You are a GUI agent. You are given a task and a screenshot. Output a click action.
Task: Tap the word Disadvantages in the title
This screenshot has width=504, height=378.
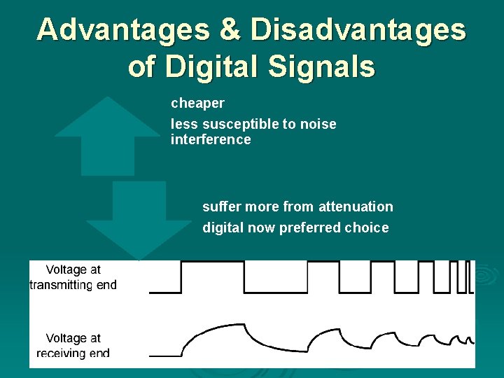[357, 29]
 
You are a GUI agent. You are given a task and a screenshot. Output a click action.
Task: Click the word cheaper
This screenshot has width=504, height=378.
[197, 104]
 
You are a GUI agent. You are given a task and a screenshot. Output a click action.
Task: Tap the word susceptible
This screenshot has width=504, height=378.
[239, 125]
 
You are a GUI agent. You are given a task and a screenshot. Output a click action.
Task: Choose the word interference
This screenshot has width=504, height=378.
[211, 140]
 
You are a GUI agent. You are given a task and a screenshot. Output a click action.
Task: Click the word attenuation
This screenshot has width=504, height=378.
[356, 206]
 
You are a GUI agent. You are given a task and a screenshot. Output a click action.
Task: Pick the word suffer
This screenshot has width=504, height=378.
[220, 206]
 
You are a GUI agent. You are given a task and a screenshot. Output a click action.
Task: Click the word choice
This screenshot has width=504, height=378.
[367, 227]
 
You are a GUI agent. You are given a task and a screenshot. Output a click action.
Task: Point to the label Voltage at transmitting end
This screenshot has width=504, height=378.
[73, 277]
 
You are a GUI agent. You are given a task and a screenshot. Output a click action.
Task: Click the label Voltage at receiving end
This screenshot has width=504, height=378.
[73, 346]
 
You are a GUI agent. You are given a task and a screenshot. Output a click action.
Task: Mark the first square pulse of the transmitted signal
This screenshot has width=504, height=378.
[213, 276]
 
